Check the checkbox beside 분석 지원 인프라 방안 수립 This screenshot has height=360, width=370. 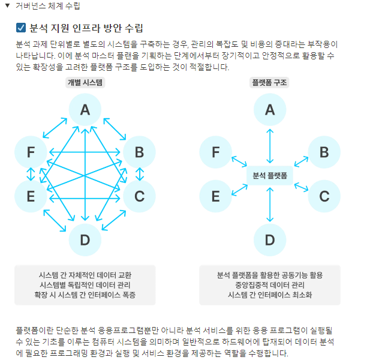[21, 28]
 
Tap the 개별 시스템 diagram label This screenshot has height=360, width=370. [85, 83]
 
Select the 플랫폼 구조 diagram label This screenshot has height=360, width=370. [270, 83]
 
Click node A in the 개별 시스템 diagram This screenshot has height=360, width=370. [85, 110]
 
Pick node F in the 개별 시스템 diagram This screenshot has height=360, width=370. [31, 152]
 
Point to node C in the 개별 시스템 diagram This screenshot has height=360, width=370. [139, 196]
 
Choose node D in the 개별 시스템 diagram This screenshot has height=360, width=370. [85, 240]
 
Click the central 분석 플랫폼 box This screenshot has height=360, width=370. [270, 175]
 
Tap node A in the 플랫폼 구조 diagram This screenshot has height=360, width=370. [270, 110]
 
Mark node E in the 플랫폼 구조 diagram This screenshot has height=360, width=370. [215, 196]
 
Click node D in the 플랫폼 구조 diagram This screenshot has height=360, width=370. [270, 240]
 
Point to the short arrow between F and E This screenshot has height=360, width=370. [31, 174]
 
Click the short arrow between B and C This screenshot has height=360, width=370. [139, 174]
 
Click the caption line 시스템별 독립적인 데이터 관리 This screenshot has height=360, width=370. [85, 285]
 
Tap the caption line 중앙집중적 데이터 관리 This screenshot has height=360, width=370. [270, 285]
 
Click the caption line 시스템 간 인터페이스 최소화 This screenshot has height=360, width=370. [270, 295]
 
